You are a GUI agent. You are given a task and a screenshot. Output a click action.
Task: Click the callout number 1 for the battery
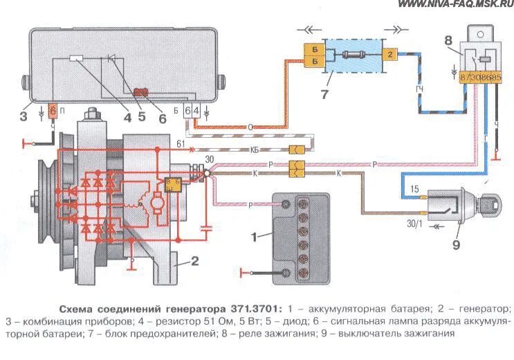[253, 237]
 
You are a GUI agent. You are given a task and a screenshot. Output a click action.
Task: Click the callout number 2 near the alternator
[194, 262]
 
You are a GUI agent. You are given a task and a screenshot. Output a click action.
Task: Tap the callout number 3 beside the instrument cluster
[23, 116]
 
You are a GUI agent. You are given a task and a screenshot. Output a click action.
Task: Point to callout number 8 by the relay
[448, 41]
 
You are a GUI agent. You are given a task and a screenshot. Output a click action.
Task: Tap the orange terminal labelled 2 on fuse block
[389, 53]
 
